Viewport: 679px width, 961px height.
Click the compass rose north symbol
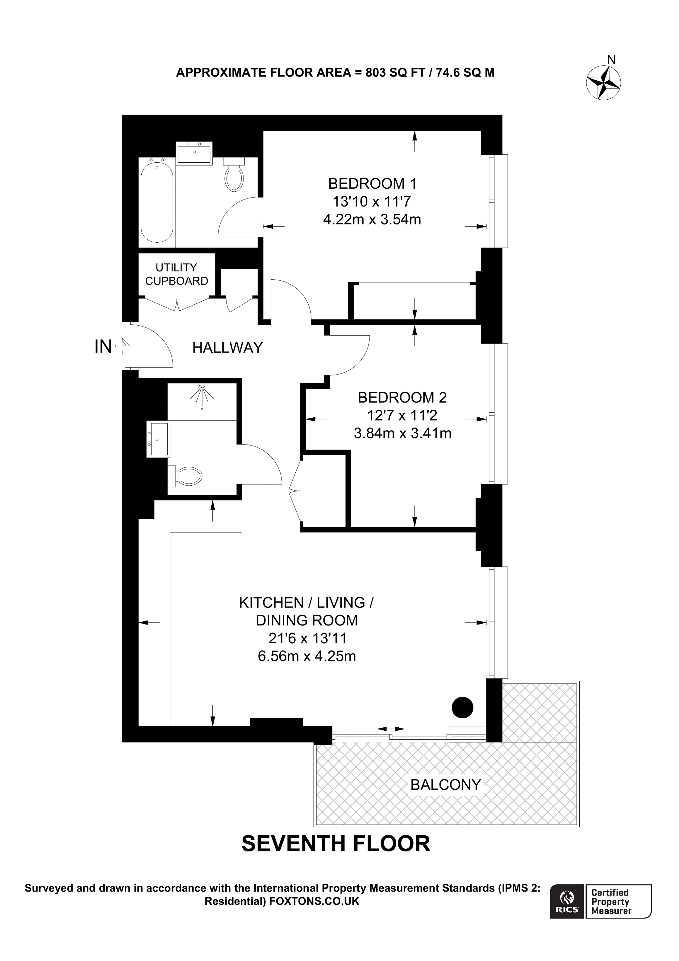point(603,83)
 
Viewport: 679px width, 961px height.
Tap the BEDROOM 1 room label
point(372,183)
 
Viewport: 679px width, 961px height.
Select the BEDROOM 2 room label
point(402,397)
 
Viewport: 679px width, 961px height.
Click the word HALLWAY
point(227,347)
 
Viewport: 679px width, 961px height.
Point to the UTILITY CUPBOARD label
point(176,274)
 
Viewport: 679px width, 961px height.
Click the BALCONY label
point(446,784)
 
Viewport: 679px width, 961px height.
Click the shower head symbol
point(202,393)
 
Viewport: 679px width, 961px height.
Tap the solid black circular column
point(462,707)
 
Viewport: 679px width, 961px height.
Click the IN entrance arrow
point(123,346)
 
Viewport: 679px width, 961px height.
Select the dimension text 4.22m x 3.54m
point(372,219)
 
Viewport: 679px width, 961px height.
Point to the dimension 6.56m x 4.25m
point(307,656)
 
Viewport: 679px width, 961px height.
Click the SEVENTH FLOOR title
point(335,843)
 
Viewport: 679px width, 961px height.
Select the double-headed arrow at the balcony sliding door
point(391,729)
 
